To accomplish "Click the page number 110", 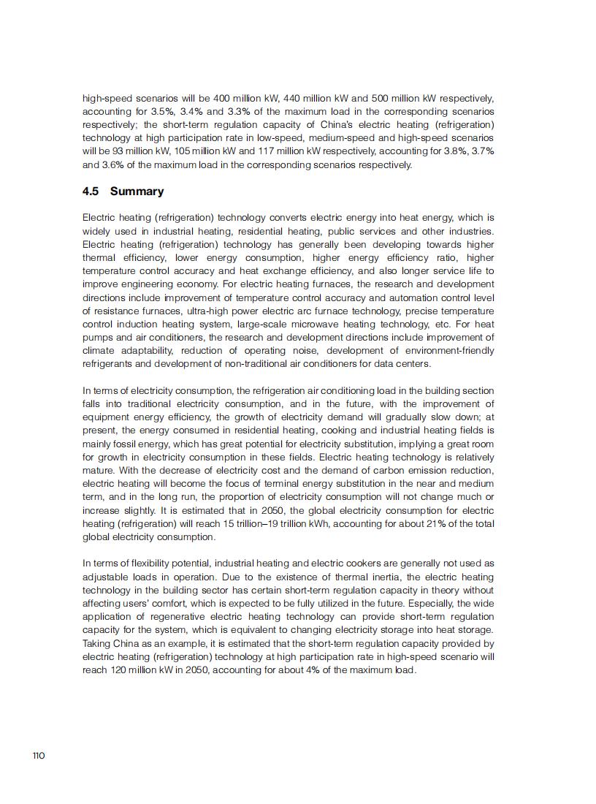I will pos(39,755).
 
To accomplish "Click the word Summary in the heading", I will pos(137,191).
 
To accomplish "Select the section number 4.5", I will pos(91,191).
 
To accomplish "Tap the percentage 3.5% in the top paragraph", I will pos(150,111).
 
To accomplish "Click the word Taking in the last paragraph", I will pos(97,643).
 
